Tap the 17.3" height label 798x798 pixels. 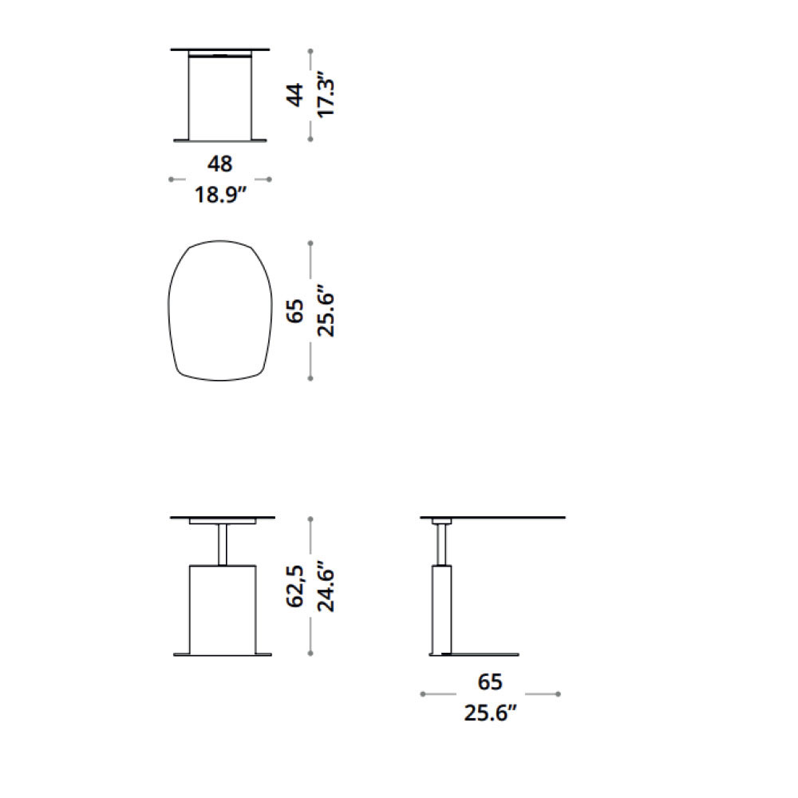pos(326,97)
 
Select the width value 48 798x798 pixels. pos(220,164)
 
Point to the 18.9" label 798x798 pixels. pos(221,195)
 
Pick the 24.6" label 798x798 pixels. pos(326,587)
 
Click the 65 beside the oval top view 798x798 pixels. pos(296,311)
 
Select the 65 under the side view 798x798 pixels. pos(490,682)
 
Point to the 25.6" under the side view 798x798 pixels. pos(490,713)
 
